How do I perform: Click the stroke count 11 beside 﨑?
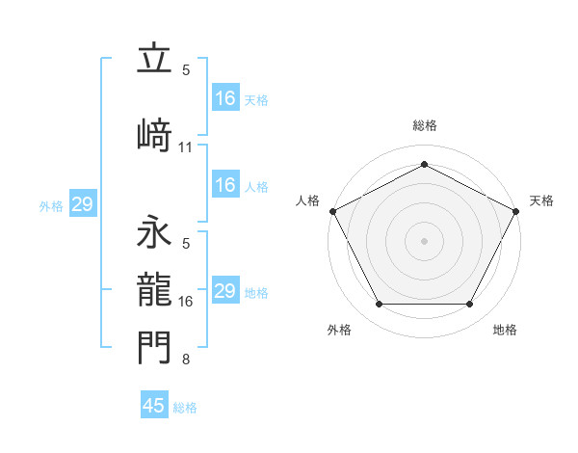coord(186,147)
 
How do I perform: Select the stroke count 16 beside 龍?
coord(186,302)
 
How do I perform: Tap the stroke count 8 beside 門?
coord(186,360)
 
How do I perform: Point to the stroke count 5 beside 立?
coord(186,70)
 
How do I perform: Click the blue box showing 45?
coord(154,406)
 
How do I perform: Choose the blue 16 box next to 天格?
coord(224,97)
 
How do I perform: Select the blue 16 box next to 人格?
coord(224,185)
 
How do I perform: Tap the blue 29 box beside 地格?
coord(224,291)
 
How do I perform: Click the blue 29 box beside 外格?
coord(82,204)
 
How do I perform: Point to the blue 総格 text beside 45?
coord(185,408)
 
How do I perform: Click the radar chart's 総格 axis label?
coord(424,125)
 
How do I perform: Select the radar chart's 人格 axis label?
coord(307,200)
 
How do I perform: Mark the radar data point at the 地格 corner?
coord(469,305)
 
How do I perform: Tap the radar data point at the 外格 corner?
coord(379,305)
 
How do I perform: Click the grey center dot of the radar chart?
coord(424,240)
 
